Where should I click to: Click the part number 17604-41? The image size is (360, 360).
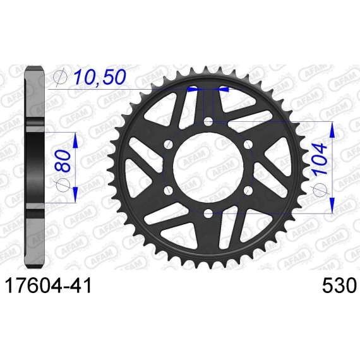[x=48, y=285]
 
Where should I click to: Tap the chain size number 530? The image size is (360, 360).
[x=339, y=285]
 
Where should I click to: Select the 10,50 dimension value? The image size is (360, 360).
[x=100, y=78]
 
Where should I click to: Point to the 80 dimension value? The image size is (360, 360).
[x=63, y=161]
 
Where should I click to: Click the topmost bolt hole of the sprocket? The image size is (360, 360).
[x=208, y=121]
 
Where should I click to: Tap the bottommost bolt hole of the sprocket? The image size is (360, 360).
[x=208, y=213]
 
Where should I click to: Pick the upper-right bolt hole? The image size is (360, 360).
[x=248, y=145]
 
